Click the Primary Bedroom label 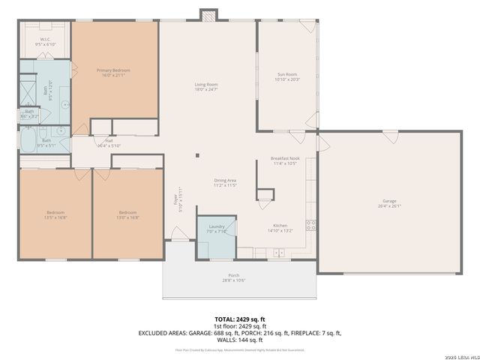pyautogui.click(x=114, y=70)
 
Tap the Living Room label pyautogui.click(x=206, y=85)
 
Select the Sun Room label pyautogui.click(x=288, y=74)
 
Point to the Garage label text pyautogui.click(x=389, y=200)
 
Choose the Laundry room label pyautogui.click(x=216, y=226)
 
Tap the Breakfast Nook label pyautogui.click(x=285, y=158)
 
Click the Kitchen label pyautogui.click(x=279, y=226)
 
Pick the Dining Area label pyautogui.click(x=226, y=179)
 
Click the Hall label pyautogui.click(x=109, y=140)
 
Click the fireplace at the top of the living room pyautogui.click(x=208, y=15)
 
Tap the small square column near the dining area pyautogui.click(x=198, y=156)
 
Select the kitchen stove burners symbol pyautogui.click(x=309, y=223)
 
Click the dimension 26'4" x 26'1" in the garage pyautogui.click(x=389, y=206)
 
